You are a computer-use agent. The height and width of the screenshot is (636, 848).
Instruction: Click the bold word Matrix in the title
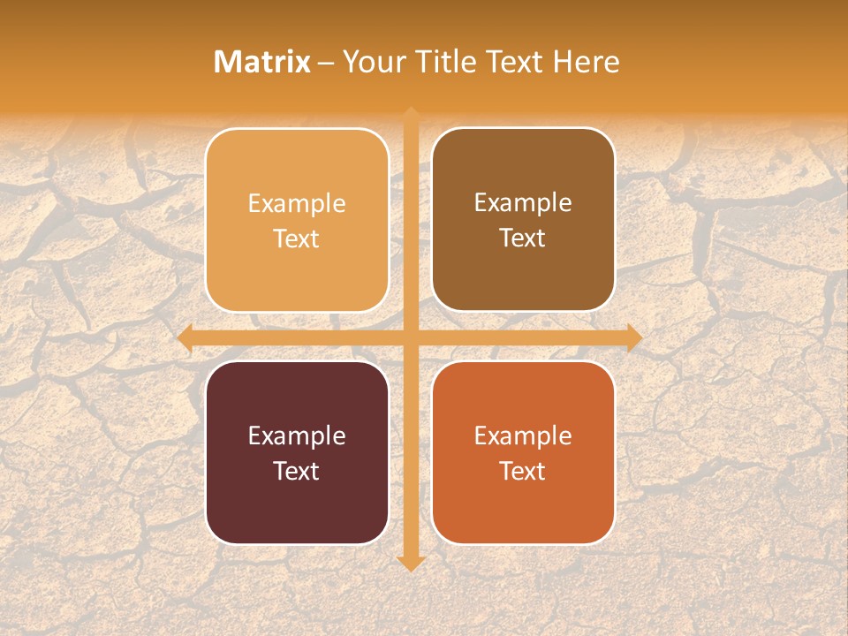coord(262,62)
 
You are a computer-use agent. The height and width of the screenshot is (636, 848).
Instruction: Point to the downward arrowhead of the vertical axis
coord(410,563)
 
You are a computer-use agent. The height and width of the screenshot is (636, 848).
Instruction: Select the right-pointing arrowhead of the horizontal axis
coord(633,337)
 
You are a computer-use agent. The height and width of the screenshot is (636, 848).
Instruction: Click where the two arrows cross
coord(410,337)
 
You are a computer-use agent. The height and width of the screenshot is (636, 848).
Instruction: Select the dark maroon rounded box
coord(297,503)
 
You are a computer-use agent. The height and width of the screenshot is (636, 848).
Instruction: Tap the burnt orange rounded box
coord(523,503)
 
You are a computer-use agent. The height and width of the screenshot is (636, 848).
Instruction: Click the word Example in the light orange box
coord(297,204)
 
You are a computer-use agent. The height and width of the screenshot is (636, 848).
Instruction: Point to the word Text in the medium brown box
coord(523,238)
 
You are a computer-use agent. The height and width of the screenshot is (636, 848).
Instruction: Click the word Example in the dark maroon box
coord(297,435)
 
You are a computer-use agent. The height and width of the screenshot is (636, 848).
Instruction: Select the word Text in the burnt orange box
coord(523,471)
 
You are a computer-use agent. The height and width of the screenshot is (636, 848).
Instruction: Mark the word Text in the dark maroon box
coord(297,471)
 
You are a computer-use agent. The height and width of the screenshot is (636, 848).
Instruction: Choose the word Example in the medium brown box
coord(523,203)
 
